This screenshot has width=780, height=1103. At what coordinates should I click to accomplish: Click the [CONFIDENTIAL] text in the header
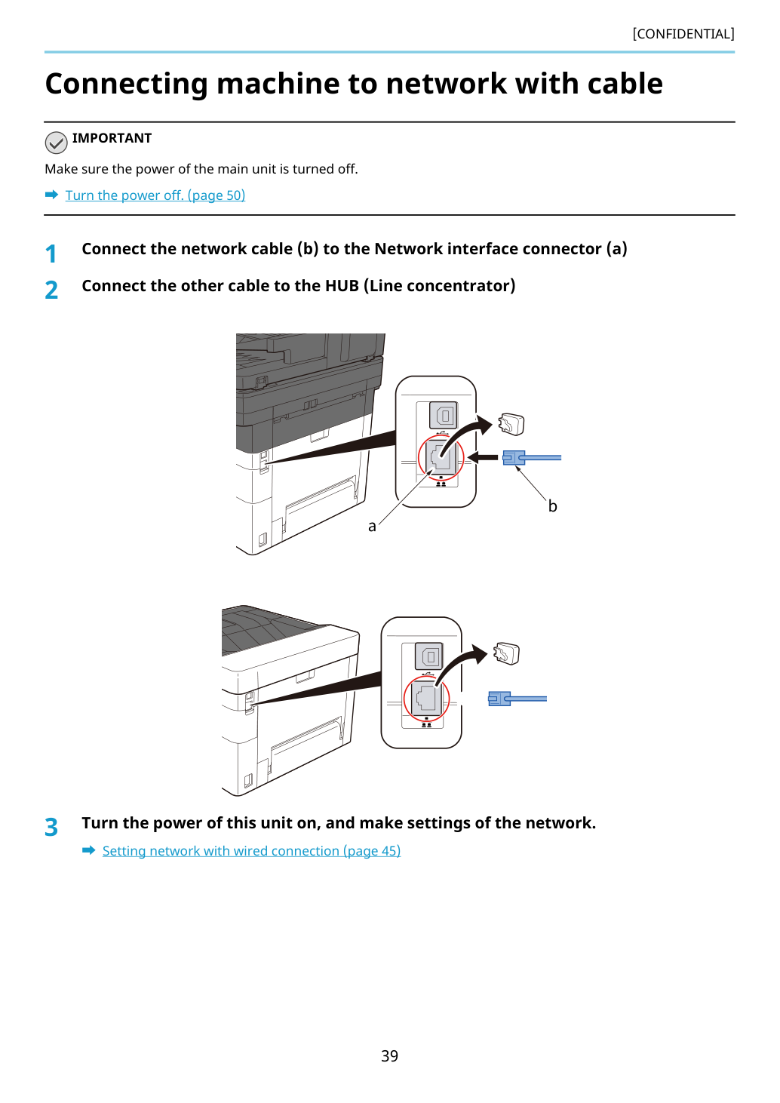tap(683, 34)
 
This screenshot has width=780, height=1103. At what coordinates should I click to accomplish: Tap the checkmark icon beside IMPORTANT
tap(56, 143)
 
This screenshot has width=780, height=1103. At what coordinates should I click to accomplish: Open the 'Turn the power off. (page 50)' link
tap(155, 195)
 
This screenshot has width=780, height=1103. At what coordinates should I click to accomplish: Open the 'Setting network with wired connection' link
tap(251, 851)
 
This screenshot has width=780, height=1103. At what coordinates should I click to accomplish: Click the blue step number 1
tap(51, 254)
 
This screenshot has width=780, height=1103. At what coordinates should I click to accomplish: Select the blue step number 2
tap(51, 290)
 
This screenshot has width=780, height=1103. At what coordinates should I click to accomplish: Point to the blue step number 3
tap(51, 827)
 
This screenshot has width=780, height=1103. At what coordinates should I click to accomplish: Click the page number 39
tap(389, 1055)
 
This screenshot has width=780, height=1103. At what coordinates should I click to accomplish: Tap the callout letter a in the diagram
tap(373, 527)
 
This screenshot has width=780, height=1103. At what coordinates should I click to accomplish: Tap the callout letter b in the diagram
tap(552, 505)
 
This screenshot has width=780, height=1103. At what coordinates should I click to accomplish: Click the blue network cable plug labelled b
tap(514, 458)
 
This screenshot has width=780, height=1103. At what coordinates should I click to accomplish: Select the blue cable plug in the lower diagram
tap(499, 699)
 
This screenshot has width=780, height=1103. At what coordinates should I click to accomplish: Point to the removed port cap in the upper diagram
tap(511, 424)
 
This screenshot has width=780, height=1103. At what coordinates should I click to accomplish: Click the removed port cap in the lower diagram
tap(506, 653)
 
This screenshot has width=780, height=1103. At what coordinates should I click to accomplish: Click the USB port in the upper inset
tap(444, 416)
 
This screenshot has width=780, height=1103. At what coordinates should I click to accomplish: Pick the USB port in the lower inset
tap(429, 656)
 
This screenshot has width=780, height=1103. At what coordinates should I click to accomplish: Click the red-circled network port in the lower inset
tap(426, 698)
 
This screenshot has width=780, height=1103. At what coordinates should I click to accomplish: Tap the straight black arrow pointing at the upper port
tap(482, 458)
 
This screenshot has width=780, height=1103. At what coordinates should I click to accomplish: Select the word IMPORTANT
tap(112, 138)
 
